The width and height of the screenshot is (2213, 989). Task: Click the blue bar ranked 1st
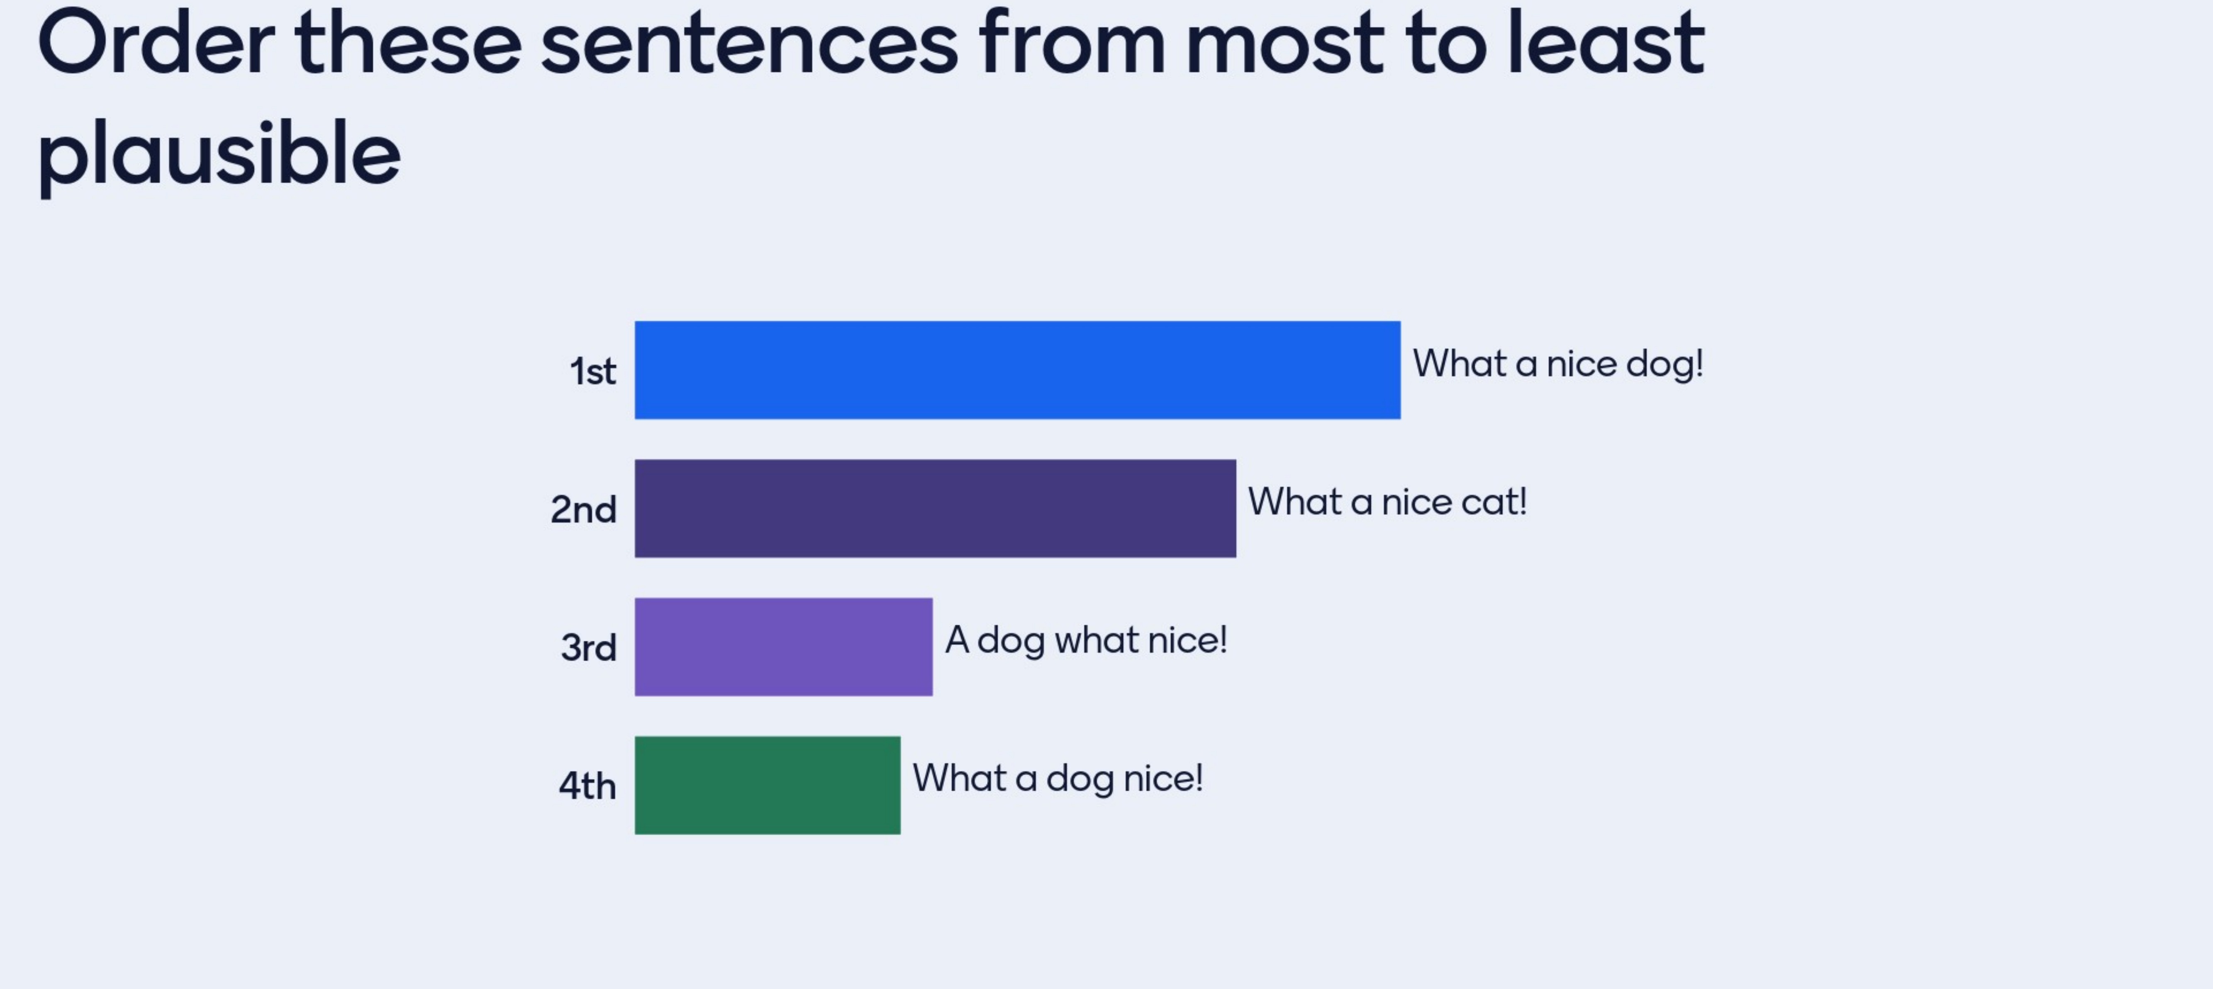(1017, 370)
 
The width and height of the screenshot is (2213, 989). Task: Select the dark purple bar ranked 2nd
(935, 508)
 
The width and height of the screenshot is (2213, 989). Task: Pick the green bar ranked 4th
(767, 785)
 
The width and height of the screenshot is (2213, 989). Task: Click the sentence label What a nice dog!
(1557, 364)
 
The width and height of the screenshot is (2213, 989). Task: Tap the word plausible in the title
(219, 155)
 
